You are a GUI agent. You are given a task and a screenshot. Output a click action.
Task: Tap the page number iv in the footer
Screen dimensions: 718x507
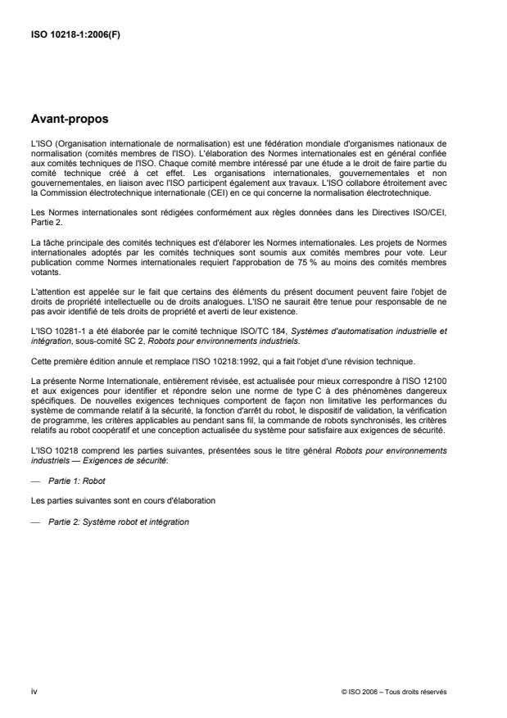(34, 692)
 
